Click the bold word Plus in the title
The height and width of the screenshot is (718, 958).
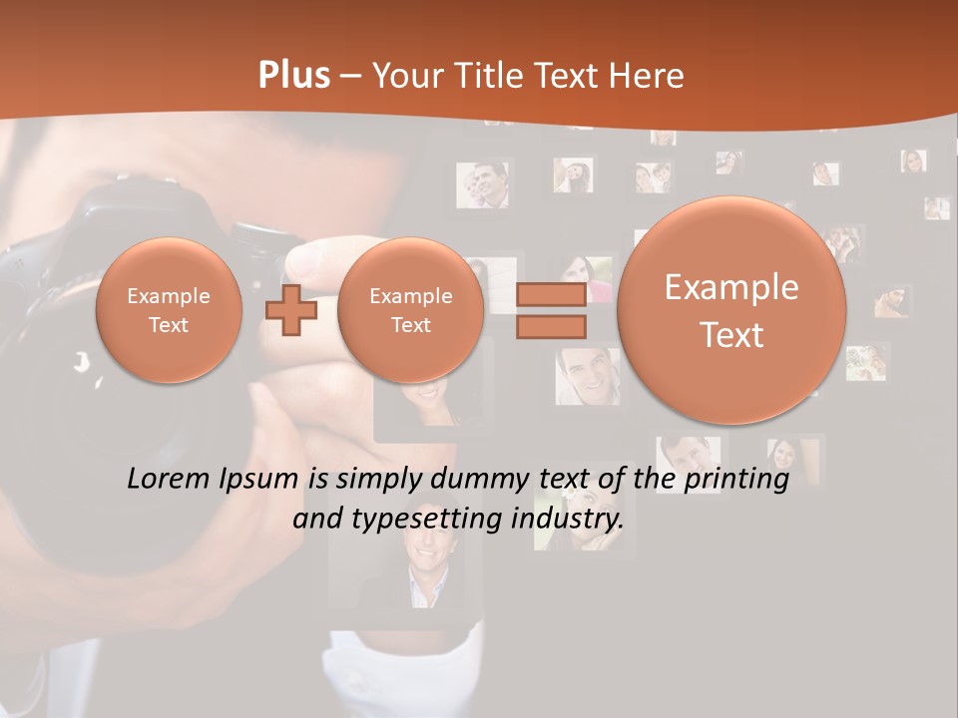293,76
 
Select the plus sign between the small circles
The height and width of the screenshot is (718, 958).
291,310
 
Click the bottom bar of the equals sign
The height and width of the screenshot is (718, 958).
550,327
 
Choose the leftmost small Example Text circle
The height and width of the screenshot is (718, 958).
169,310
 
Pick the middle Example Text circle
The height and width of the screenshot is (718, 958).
410,310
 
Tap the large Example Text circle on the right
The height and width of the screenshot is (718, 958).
731,310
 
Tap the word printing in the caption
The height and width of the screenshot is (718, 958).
736,479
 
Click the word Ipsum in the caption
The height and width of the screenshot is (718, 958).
260,479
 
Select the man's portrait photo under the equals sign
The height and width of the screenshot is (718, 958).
587,374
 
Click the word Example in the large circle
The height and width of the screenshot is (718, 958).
731,287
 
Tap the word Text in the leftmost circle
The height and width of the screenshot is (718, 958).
169,325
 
